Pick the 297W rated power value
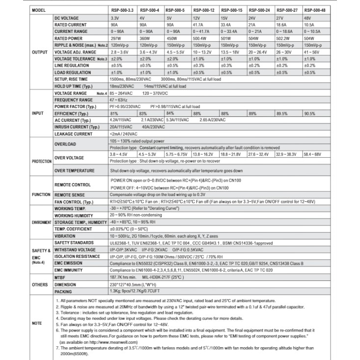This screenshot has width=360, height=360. click(116, 38)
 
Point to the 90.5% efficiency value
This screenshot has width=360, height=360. click(309, 113)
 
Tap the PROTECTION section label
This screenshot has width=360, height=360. click(41, 161)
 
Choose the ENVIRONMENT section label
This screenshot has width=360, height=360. click(41, 222)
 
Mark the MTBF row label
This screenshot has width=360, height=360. click(61, 277)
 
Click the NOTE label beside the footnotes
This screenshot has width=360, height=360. click(37, 323)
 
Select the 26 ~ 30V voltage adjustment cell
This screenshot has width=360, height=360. click(284, 52)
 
